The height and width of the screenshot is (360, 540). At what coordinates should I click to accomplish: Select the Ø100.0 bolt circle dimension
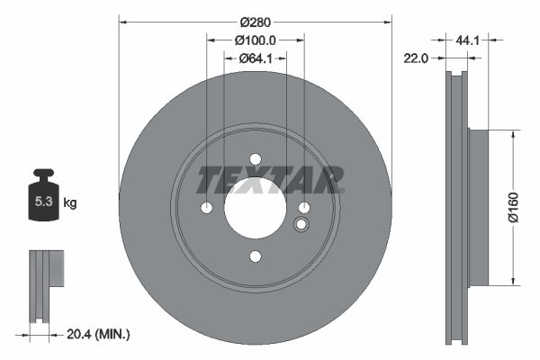(255, 40)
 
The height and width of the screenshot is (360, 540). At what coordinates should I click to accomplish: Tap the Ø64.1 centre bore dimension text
(255, 59)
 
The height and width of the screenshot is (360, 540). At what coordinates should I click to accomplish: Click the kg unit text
(70, 203)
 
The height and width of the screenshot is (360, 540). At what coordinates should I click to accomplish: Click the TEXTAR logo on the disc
(270, 179)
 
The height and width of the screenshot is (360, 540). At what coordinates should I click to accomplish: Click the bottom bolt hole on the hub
(255, 257)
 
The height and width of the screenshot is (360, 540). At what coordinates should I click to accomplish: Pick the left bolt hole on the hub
(206, 208)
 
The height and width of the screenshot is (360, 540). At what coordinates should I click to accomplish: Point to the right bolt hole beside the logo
(304, 208)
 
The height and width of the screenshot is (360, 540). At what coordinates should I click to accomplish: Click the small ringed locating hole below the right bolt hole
(301, 225)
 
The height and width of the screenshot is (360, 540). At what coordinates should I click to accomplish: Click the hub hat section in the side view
(477, 207)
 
